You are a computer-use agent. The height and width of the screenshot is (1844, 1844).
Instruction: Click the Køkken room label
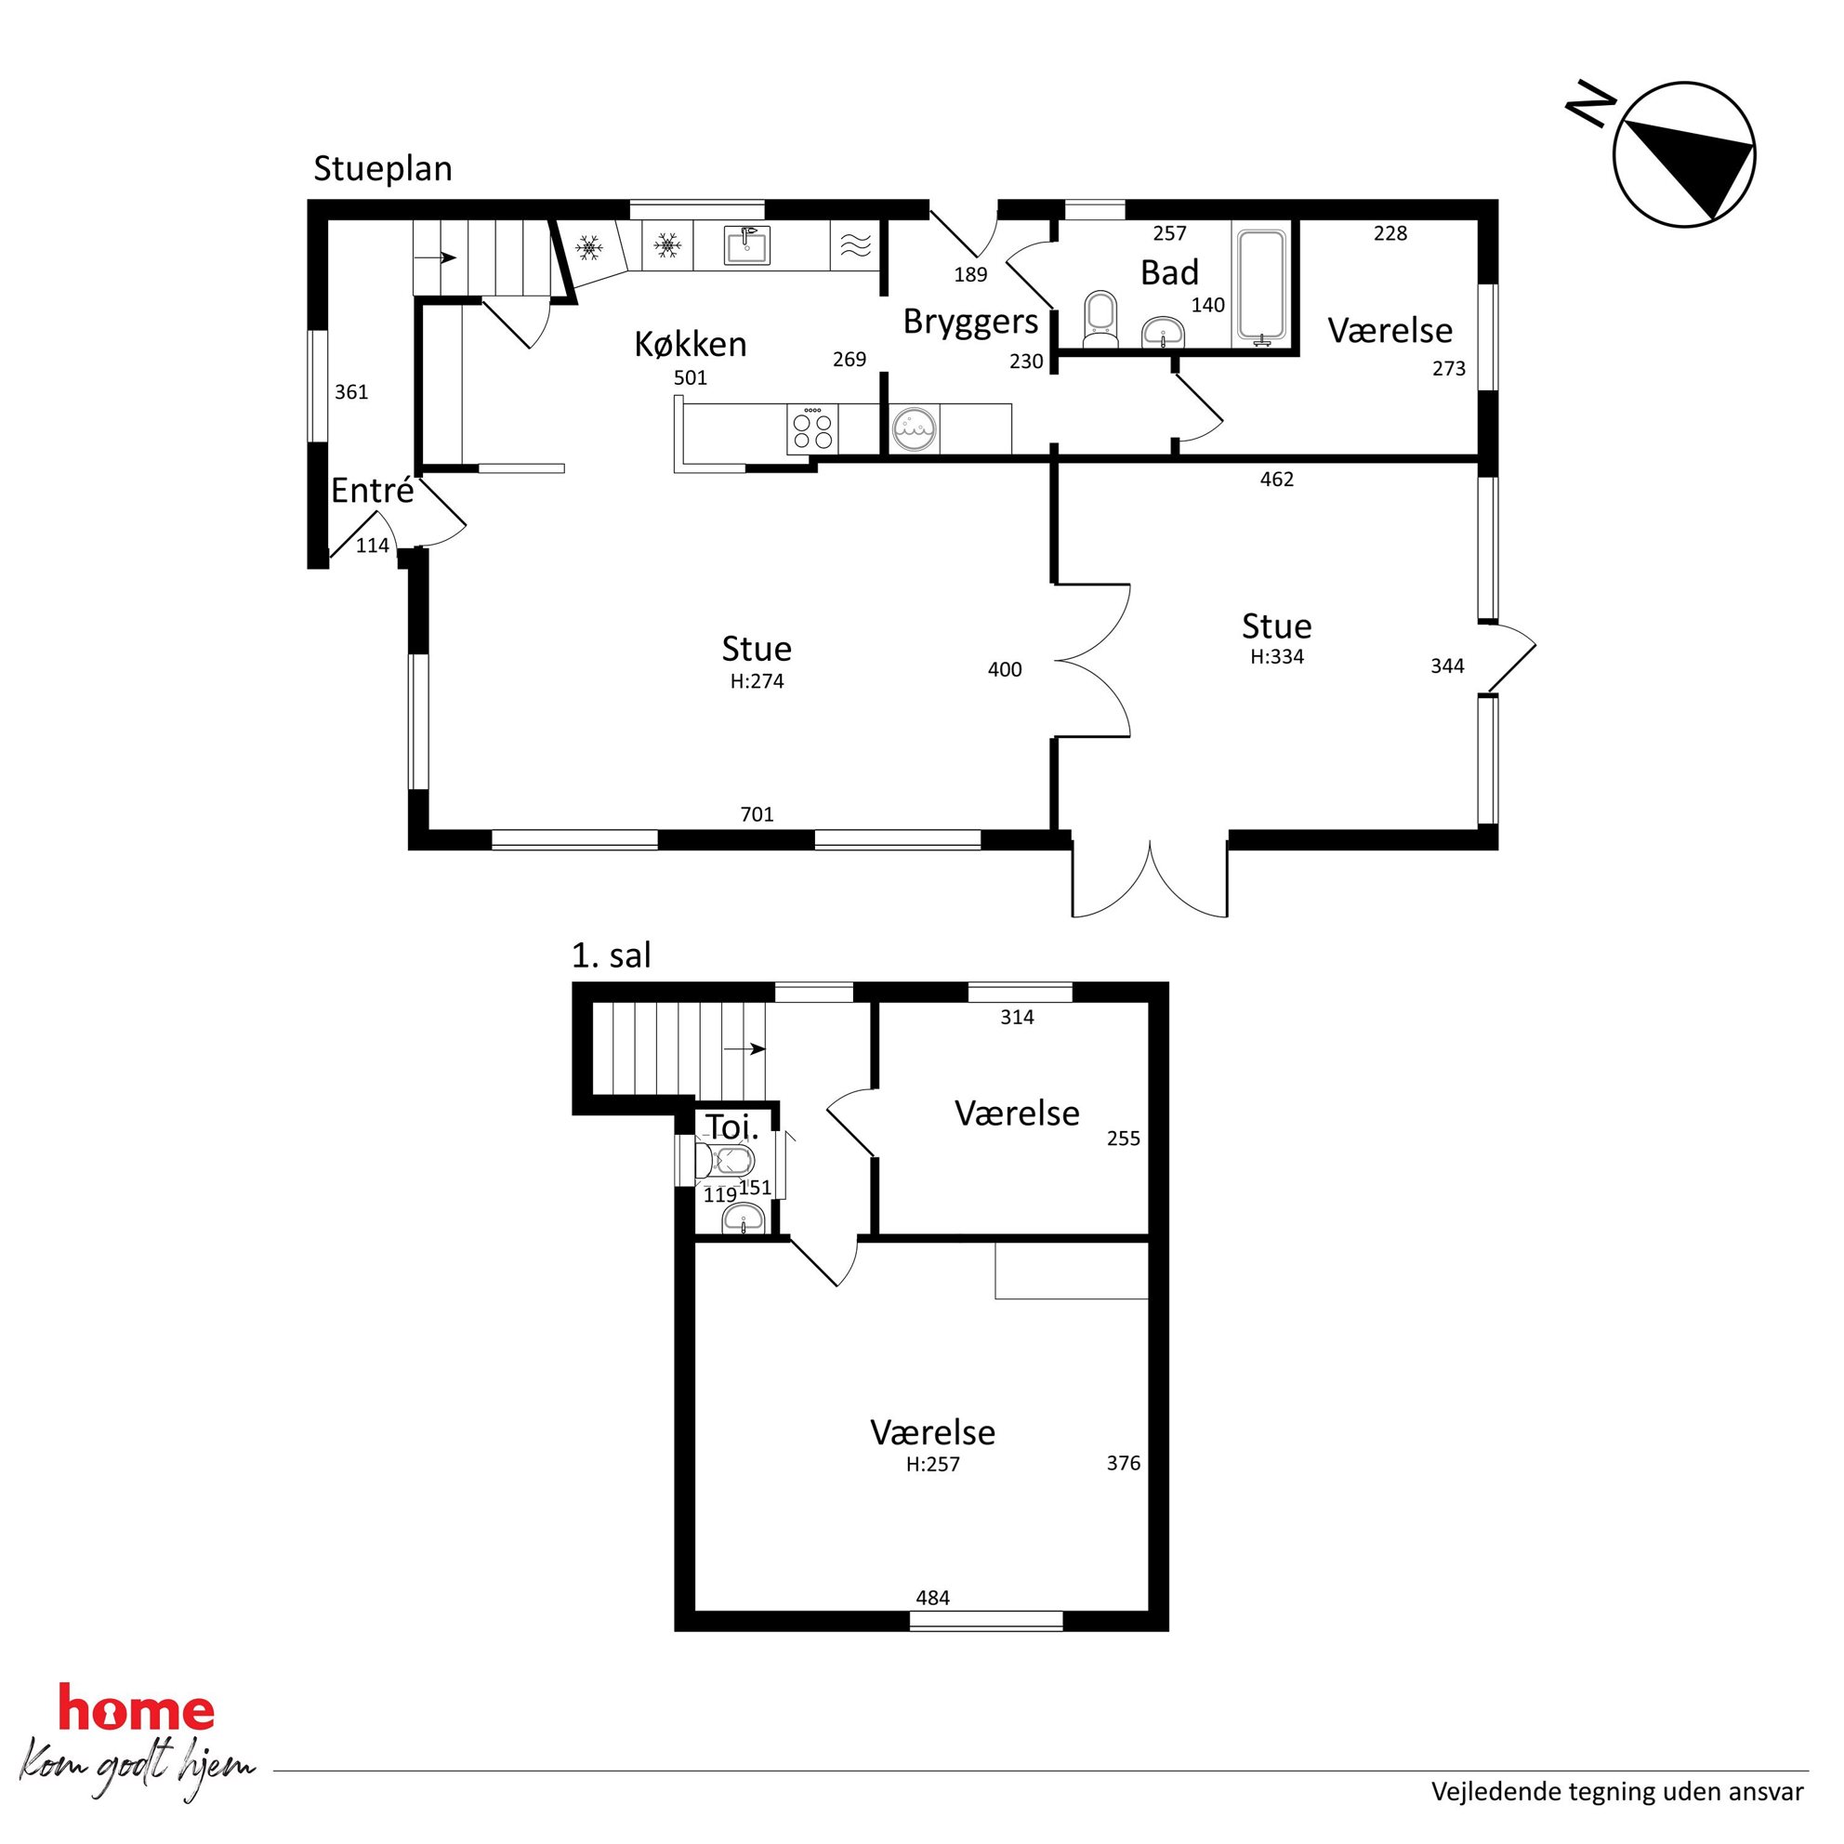coord(690,344)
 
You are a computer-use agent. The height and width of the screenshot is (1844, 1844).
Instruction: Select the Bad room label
coord(1169,273)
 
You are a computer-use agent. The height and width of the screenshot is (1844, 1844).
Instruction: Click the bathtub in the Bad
coord(1262,283)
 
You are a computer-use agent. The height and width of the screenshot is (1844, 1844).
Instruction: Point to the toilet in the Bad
coord(1100,320)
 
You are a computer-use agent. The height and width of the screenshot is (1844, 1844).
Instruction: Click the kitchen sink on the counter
coord(746,245)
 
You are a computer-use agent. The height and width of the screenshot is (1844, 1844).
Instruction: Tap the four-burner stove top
coord(812,428)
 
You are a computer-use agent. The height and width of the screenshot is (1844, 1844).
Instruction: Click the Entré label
coord(372,491)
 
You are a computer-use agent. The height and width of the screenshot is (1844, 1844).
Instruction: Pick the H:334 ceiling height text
coord(1277,657)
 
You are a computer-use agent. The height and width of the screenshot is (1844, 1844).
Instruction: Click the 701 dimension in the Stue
coord(757,814)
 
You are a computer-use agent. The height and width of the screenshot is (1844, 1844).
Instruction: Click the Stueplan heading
coord(383,169)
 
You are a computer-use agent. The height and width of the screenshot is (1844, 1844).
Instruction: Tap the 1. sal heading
coord(611,955)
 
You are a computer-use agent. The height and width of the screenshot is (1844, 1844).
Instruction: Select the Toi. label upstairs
coord(732,1127)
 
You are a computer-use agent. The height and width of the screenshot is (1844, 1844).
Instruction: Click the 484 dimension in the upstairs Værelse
coord(932,1598)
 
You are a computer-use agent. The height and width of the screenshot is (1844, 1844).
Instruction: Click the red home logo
coord(137,1707)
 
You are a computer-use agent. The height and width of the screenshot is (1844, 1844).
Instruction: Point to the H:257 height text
coord(932,1464)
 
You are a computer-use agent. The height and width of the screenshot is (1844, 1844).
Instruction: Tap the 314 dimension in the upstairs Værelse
coord(1018,1018)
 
